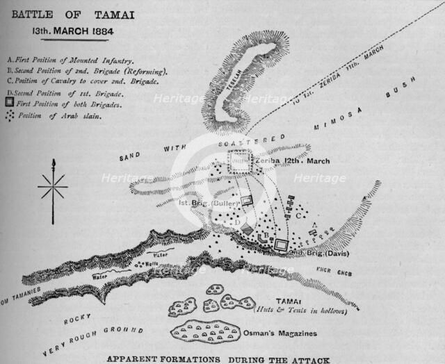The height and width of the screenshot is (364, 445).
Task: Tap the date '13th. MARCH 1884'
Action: coord(67,31)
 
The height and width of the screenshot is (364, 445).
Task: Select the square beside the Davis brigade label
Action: coord(281,244)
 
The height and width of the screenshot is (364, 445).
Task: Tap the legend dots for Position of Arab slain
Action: coord(9,115)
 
